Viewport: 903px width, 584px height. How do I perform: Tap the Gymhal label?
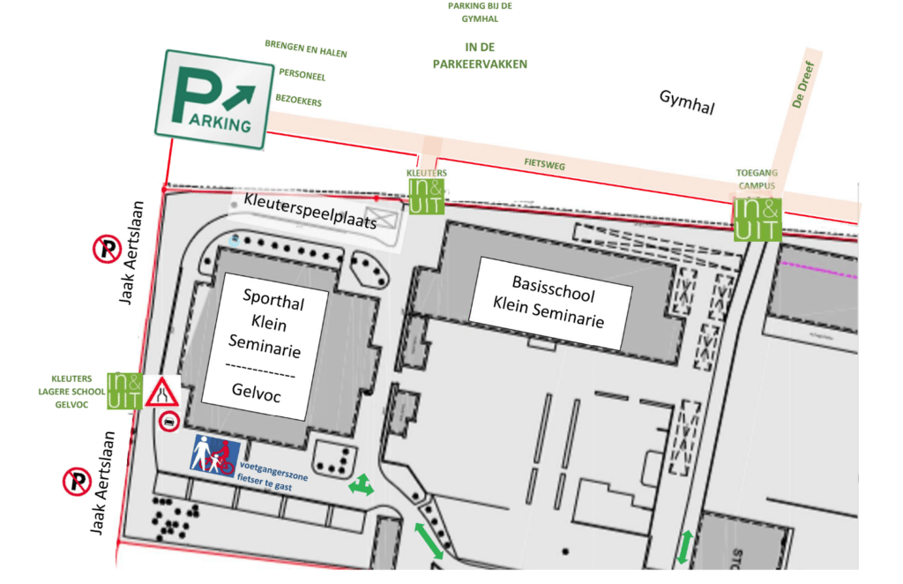tap(686, 102)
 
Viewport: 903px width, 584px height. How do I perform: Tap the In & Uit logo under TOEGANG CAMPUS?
tap(757, 219)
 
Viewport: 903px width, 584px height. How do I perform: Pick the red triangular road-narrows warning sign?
tap(163, 391)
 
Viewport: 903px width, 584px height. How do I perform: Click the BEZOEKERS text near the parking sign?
tap(298, 101)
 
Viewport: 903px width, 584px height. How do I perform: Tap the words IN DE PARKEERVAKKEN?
tap(478, 55)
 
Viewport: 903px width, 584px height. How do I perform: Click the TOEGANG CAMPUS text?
tap(756, 180)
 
